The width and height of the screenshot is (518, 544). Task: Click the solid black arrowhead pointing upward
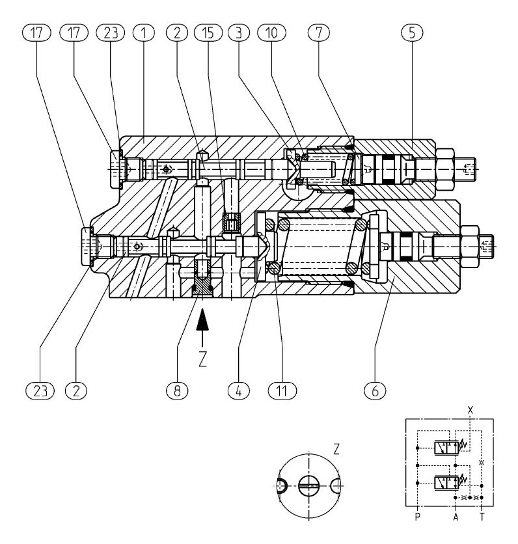coord(203,320)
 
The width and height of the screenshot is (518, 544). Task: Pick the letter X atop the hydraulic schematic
coord(469,410)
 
